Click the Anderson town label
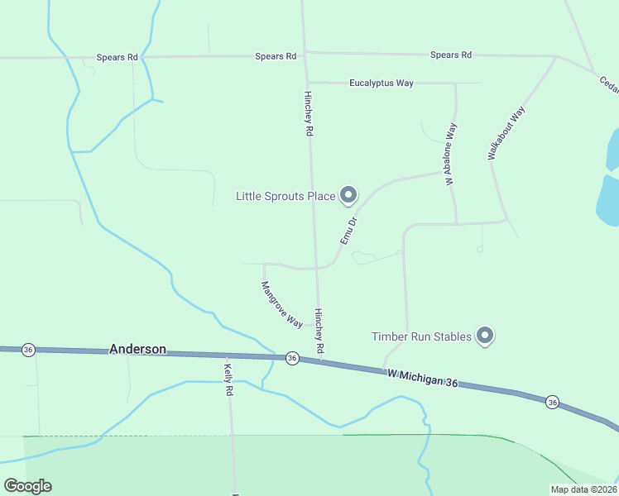pyautogui.click(x=137, y=350)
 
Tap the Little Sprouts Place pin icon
pyautogui.click(x=348, y=195)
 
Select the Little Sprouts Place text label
pyautogui.click(x=286, y=196)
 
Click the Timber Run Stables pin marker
pyautogui.click(x=486, y=335)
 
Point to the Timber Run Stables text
pyautogui.click(x=421, y=336)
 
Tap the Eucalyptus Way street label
pyautogui.click(x=381, y=83)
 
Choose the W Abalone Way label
pyautogui.click(x=450, y=155)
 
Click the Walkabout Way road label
pyautogui.click(x=506, y=133)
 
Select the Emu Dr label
pyautogui.click(x=348, y=231)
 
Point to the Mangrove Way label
pyautogui.click(x=281, y=304)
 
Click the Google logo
pyautogui.click(x=27, y=486)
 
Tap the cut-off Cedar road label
pyautogui.click(x=608, y=84)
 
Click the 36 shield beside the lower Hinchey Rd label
pyautogui.click(x=291, y=358)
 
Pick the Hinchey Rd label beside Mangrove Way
pyautogui.click(x=319, y=331)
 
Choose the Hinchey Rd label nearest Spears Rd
pyautogui.click(x=308, y=114)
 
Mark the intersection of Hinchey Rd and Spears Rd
pyautogui.click(x=305, y=55)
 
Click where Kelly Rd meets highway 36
pyautogui.click(x=226, y=355)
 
